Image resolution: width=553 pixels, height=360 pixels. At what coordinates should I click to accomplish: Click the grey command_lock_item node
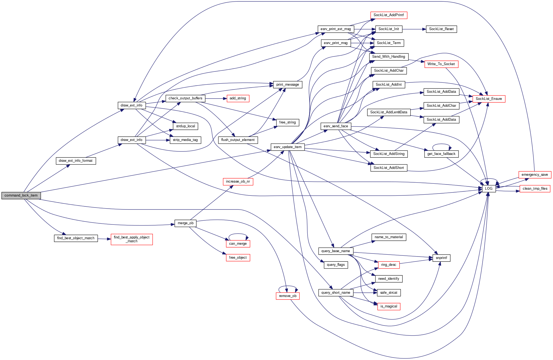(x=21, y=195)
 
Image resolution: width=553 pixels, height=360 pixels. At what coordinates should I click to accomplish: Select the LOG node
(x=489, y=189)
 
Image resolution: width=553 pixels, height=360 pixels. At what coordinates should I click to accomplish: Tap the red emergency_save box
(x=535, y=175)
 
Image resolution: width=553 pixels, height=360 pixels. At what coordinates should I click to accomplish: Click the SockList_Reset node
(x=441, y=29)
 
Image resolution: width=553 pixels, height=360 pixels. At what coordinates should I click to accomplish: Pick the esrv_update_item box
(x=288, y=147)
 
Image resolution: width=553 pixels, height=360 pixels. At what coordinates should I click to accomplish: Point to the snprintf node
(x=441, y=258)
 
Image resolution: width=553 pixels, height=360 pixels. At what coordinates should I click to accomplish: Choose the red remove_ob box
(x=288, y=296)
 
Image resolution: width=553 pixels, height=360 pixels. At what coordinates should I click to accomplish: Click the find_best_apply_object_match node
(x=132, y=239)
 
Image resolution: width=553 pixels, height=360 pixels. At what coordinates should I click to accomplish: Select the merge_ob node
(x=185, y=223)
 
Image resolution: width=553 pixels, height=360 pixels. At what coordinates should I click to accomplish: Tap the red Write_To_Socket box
(x=441, y=64)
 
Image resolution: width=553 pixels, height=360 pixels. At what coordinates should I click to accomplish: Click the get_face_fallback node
(x=441, y=154)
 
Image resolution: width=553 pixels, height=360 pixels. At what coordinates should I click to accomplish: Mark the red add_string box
(x=238, y=98)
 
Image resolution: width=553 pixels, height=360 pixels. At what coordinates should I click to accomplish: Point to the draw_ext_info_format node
(x=76, y=161)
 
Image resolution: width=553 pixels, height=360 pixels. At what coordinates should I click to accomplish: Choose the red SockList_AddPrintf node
(x=389, y=15)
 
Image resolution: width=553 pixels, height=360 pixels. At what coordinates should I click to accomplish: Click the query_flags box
(x=336, y=265)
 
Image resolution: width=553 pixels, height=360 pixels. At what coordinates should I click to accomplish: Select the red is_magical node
(x=389, y=306)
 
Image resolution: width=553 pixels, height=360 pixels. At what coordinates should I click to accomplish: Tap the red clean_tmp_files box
(x=535, y=189)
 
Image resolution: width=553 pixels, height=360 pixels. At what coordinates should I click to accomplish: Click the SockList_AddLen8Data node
(x=389, y=112)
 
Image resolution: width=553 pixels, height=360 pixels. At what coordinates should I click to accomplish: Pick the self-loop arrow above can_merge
(x=238, y=234)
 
